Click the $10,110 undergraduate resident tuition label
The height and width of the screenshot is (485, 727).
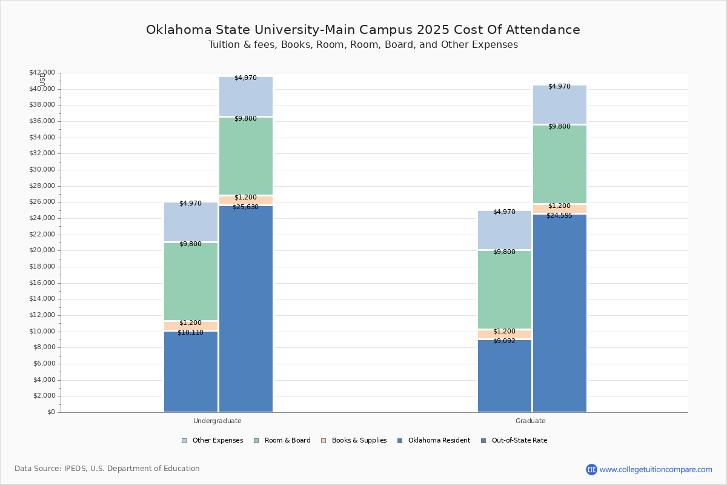click(x=190, y=332)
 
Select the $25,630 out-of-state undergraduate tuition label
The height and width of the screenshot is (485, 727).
click(x=245, y=207)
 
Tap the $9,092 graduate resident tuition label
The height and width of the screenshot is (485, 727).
click(x=504, y=341)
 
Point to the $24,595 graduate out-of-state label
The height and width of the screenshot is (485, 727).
click(x=559, y=215)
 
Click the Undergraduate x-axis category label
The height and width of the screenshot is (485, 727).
click(x=217, y=421)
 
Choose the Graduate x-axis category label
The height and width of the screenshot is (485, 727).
click(x=531, y=421)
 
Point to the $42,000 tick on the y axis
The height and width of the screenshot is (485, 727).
click(x=42, y=73)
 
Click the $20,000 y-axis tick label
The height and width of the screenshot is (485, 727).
click(x=42, y=250)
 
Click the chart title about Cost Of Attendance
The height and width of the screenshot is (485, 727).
click(x=363, y=30)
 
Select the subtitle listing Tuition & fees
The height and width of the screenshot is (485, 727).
click(x=363, y=45)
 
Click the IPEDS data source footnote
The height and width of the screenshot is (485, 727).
click(x=107, y=469)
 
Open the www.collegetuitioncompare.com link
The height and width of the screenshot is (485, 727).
click(x=656, y=469)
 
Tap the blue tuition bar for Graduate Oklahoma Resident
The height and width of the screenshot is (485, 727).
click(x=505, y=376)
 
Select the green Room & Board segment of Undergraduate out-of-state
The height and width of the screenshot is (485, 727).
click(x=246, y=156)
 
